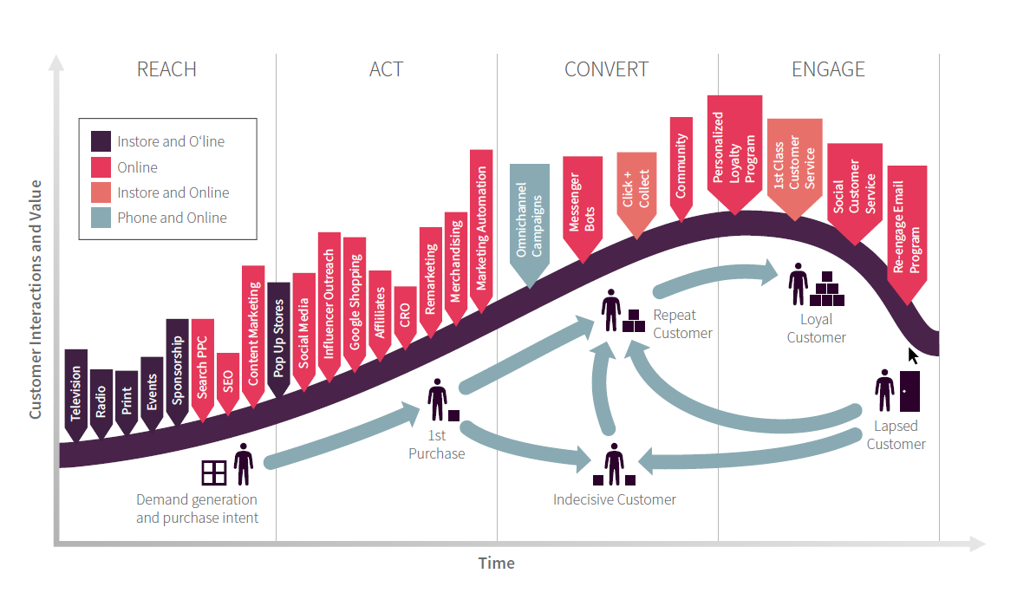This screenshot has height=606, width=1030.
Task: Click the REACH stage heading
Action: tap(166, 69)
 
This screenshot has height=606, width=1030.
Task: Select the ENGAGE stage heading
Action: tap(828, 69)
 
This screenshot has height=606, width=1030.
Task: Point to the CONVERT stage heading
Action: tap(606, 69)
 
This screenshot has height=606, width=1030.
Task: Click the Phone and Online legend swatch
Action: tap(101, 218)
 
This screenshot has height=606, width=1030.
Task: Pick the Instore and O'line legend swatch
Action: tap(101, 141)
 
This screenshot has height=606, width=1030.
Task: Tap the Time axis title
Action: tap(497, 564)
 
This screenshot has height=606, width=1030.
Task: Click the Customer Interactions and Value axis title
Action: tap(36, 299)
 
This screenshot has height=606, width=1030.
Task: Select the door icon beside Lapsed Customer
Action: tap(909, 391)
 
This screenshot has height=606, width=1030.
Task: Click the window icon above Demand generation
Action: tap(213, 472)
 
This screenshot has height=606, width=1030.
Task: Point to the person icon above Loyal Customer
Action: tap(798, 284)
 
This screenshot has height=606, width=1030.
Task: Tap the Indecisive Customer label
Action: tap(615, 499)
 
